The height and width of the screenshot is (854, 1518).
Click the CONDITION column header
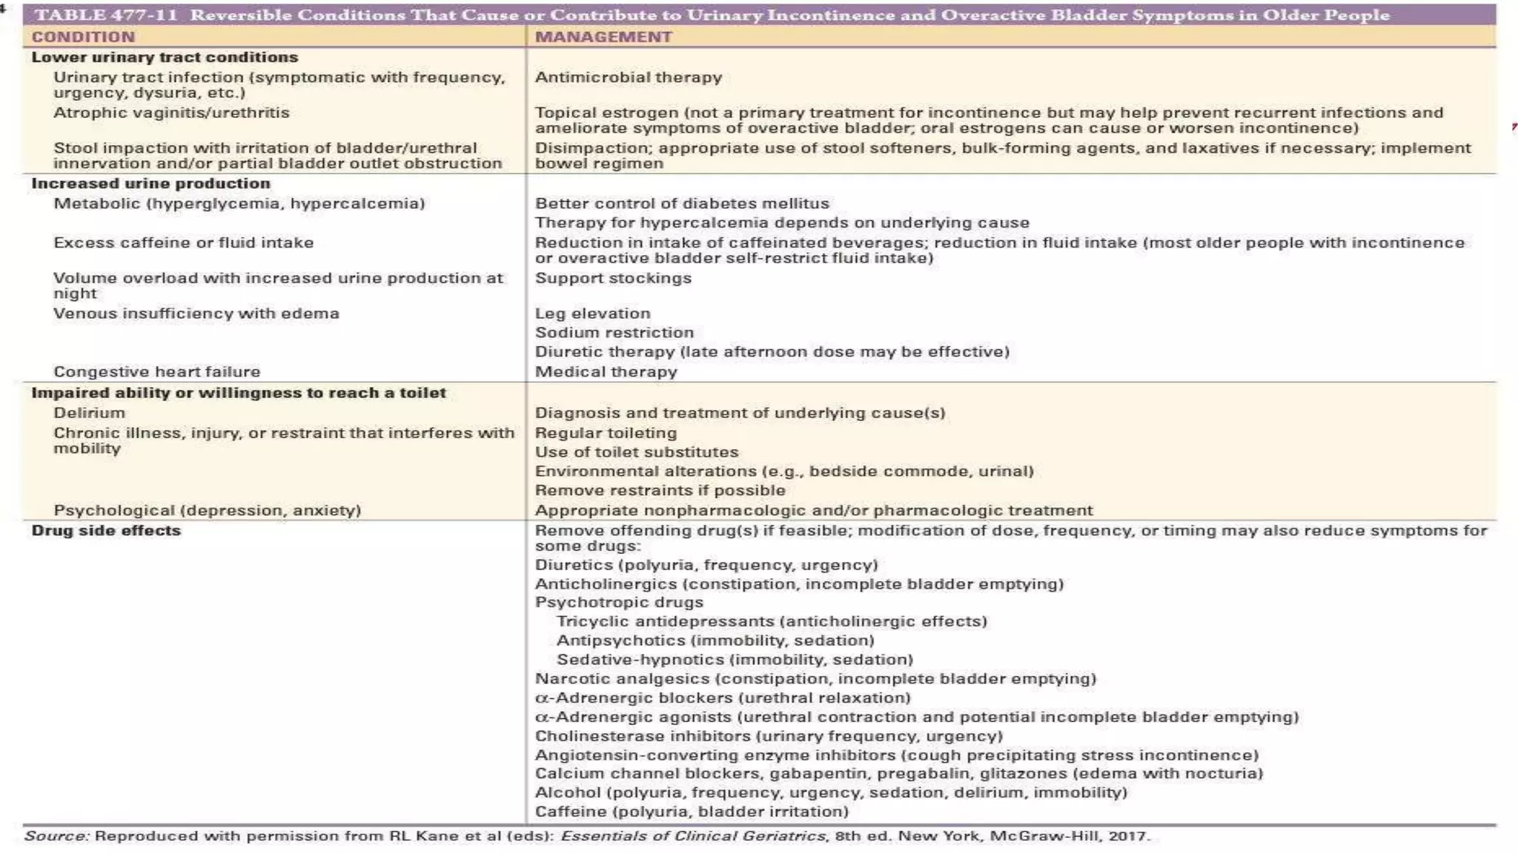tap(83, 37)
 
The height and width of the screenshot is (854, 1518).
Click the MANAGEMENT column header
tap(603, 37)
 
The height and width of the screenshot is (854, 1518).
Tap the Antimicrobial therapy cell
tap(628, 77)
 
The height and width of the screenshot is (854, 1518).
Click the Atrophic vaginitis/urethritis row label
tap(171, 113)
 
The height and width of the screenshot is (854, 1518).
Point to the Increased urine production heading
tap(150, 183)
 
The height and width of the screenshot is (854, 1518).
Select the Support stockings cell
tap(613, 278)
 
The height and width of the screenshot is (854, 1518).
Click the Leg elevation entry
tap(592, 314)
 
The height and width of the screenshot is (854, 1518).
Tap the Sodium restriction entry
tap(614, 333)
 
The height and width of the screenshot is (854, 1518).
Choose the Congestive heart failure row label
tap(156, 371)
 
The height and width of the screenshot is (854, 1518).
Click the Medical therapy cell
tap(606, 371)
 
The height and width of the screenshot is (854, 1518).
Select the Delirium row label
tap(89, 413)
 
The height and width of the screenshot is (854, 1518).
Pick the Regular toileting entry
tap(606, 433)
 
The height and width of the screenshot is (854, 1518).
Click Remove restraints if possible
tap(660, 491)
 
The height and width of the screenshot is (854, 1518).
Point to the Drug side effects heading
tap(106, 531)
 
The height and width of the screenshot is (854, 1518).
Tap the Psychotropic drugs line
tap(619, 603)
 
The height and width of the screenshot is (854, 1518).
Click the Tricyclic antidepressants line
tap(772, 622)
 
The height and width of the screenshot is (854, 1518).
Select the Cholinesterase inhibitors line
tap(769, 736)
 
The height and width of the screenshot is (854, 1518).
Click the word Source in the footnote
tap(56, 836)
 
